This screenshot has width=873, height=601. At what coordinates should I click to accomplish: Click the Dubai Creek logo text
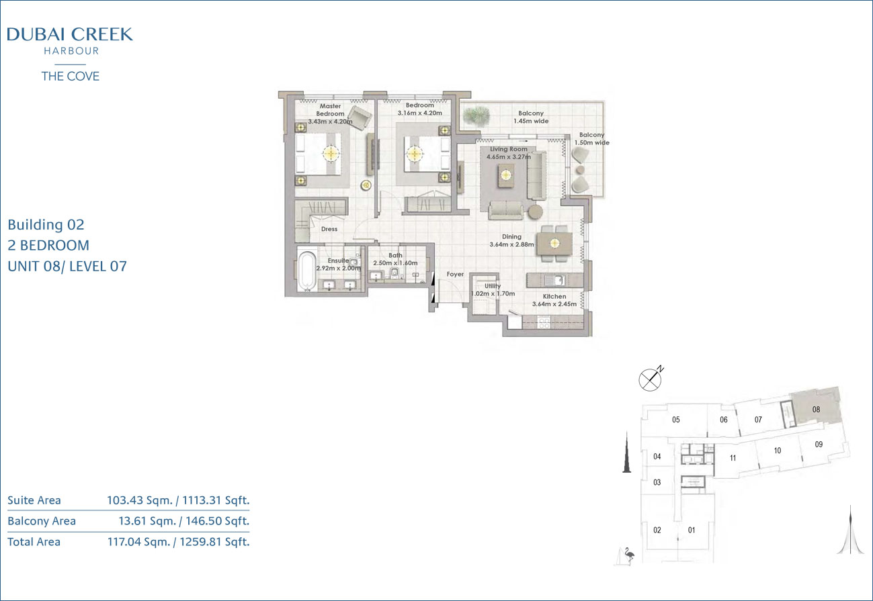coord(70,34)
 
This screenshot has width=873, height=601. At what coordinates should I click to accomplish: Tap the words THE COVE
coord(70,76)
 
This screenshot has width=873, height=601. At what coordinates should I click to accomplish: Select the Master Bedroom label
coord(330,110)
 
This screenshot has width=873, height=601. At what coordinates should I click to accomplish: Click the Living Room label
coord(509,149)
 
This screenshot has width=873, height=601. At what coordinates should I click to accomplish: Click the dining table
coord(554,244)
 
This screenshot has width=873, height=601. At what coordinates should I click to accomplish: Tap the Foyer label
coord(455,274)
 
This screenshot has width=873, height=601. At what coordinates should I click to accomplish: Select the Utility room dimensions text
coord(493,293)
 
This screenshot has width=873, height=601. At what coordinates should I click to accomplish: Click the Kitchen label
coord(554,296)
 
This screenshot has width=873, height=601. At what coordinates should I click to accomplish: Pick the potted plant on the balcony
coord(476,115)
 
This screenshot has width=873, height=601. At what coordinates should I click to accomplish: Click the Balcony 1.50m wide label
coord(591,138)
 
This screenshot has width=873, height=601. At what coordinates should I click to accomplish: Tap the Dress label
coord(329,229)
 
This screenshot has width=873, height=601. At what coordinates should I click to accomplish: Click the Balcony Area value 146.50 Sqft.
coord(218,521)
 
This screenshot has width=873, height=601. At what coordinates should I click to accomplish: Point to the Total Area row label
coord(34,542)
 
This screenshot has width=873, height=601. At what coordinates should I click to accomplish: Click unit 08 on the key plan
coord(816,410)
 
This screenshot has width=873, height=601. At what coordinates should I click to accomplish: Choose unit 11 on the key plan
coord(733,458)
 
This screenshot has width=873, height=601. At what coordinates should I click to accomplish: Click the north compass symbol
coord(651,379)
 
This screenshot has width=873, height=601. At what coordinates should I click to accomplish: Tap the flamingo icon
coord(628,555)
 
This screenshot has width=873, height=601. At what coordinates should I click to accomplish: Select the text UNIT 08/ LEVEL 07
coord(67,267)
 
